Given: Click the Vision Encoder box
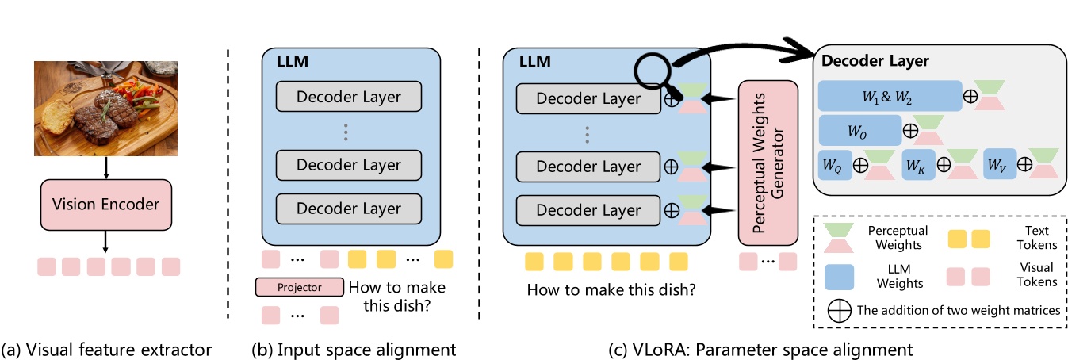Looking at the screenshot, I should coord(107,205).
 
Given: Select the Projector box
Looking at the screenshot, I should coord(299,288).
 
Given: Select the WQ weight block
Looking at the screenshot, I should coord(835,167).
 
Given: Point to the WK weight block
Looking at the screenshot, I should coord(917,167).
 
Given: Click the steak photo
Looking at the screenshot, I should coord(106,108).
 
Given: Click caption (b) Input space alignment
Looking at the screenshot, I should coord(353,349).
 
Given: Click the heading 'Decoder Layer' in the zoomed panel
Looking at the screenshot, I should coord(875,61).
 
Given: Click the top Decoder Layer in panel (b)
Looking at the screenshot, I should coord(349,98).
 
